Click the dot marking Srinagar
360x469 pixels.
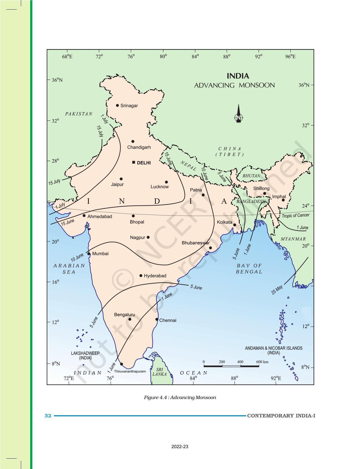[117, 105]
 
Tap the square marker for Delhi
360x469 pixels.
[134, 162]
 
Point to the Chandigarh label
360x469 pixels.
[139, 147]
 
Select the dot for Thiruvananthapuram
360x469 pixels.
[121, 364]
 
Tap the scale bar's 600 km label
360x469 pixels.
[262, 362]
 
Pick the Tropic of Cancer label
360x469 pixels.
[296, 216]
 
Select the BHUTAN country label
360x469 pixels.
[251, 176]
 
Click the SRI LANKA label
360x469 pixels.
[159, 372]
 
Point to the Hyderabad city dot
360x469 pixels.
[141, 275]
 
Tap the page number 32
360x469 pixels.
[48, 416]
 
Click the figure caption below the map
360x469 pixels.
[180, 397]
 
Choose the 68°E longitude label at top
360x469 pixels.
[67, 56]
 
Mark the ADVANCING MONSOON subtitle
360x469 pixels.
[234, 85]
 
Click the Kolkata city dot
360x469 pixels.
[235, 225]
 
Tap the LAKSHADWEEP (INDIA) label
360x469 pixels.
[85, 355]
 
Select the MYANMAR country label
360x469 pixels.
[293, 239]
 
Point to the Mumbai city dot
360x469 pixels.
[89, 254]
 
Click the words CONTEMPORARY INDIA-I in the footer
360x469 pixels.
[281, 416]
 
